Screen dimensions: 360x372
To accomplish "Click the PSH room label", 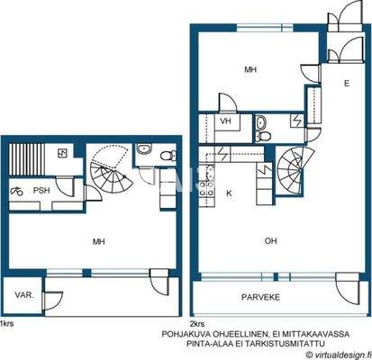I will (x=41, y=190).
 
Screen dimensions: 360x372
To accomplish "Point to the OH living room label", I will (x=269, y=239).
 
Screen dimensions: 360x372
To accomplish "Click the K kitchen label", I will (x=229, y=193).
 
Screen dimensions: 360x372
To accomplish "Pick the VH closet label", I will (x=226, y=122).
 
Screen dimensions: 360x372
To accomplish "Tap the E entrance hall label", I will (x=345, y=83).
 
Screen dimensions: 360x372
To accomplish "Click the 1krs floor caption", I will (x=7, y=323).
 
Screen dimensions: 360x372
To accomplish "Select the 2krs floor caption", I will (x=197, y=323).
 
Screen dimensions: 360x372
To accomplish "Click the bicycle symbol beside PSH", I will (x=16, y=191).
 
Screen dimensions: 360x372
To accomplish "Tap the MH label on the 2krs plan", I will (x=252, y=68).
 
